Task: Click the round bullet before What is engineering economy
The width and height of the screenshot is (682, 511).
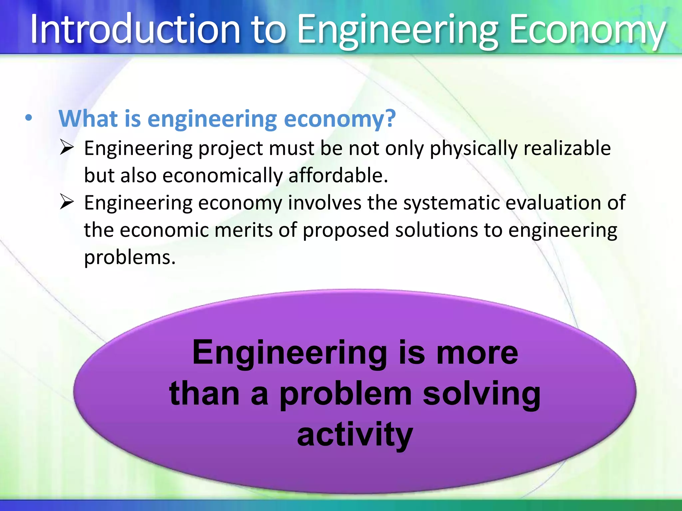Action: pyautogui.click(x=29, y=118)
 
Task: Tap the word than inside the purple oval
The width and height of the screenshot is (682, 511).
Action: pyautogui.click(x=204, y=394)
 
